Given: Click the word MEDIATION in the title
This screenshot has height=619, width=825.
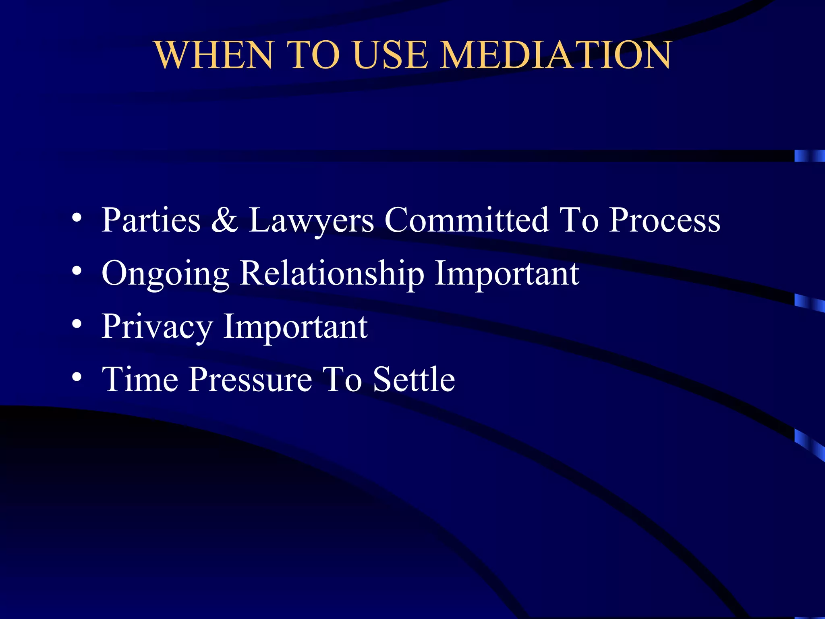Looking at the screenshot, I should click(x=556, y=55).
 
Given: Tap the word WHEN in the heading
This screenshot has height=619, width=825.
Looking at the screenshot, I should click(x=214, y=55).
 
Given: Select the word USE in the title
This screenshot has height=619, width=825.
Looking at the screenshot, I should click(x=391, y=55).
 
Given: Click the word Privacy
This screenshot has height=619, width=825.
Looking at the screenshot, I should click(x=157, y=327).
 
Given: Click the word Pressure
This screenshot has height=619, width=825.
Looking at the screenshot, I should click(x=250, y=380).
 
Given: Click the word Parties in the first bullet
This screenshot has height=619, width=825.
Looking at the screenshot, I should click(x=151, y=221).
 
